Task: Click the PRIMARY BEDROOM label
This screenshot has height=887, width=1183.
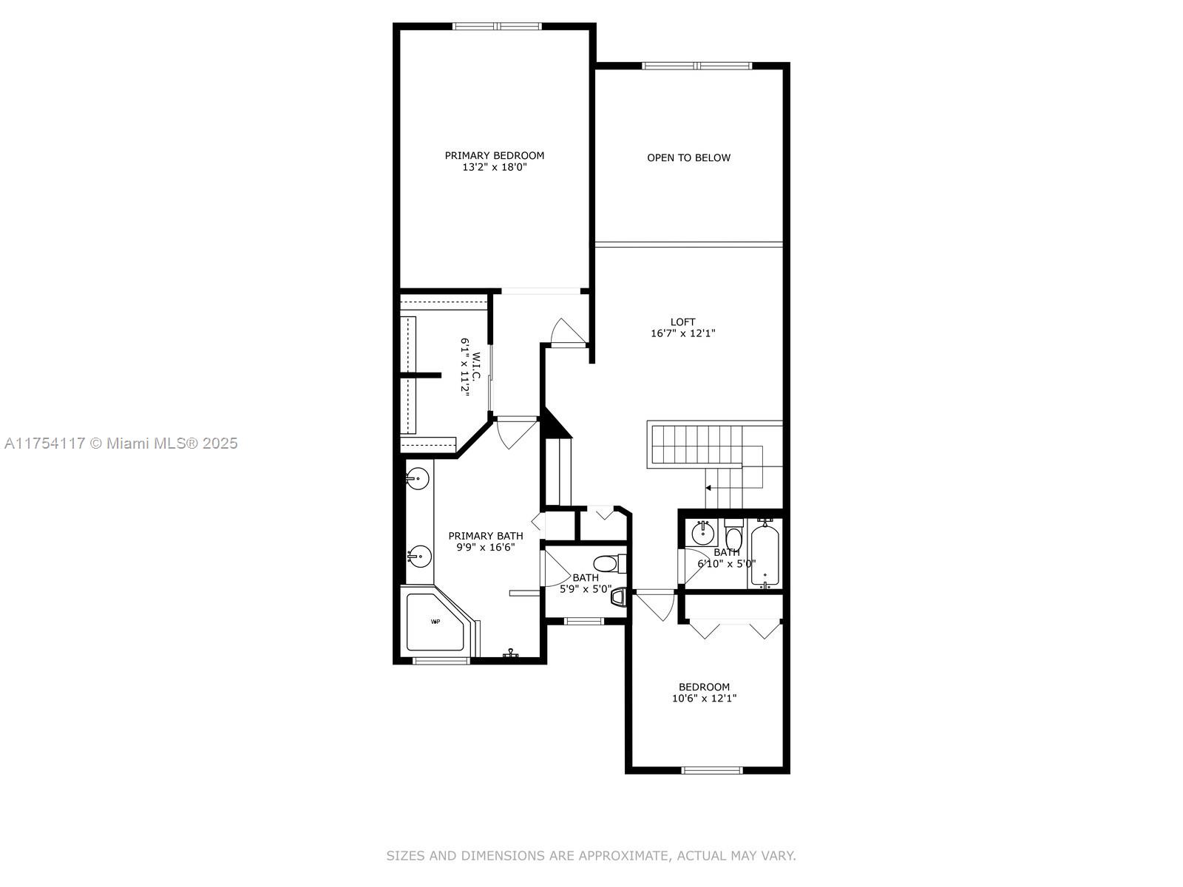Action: click(x=494, y=156)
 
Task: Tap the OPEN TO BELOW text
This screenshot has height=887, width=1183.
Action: click(x=688, y=157)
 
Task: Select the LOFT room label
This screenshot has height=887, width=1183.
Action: click(x=682, y=322)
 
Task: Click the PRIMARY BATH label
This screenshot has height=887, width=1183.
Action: click(x=486, y=536)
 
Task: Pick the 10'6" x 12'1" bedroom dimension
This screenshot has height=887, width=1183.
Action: click(x=704, y=699)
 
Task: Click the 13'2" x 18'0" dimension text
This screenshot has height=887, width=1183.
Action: click(x=494, y=168)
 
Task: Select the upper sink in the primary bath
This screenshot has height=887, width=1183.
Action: click(x=417, y=478)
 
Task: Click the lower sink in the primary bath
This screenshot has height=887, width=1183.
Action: click(x=419, y=556)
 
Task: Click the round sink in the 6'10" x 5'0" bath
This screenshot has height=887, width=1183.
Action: click(x=703, y=533)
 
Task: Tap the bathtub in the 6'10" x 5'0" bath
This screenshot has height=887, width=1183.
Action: click(x=765, y=555)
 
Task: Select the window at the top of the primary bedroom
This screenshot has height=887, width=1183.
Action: click(x=497, y=26)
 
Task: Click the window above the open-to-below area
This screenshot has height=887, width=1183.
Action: click(x=697, y=66)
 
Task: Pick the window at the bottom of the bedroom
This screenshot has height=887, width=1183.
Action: click(x=712, y=771)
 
